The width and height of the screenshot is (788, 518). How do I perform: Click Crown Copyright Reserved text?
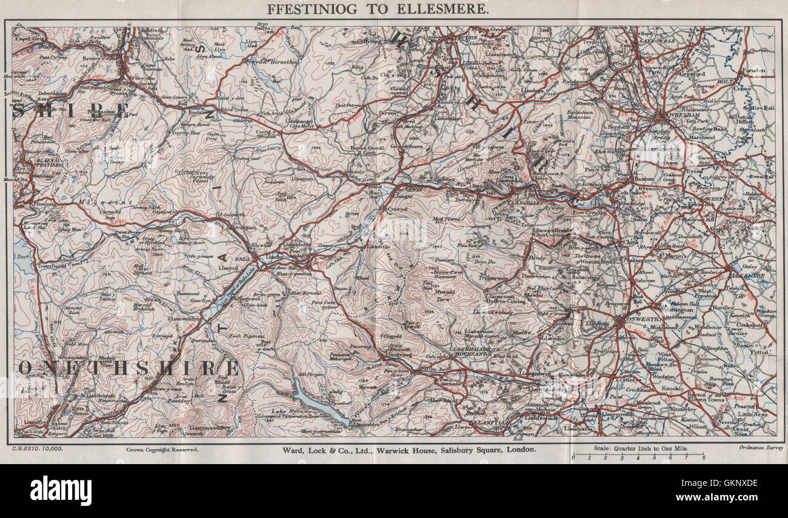(x=162, y=450)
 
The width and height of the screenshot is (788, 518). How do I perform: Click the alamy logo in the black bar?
(x=61, y=490)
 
